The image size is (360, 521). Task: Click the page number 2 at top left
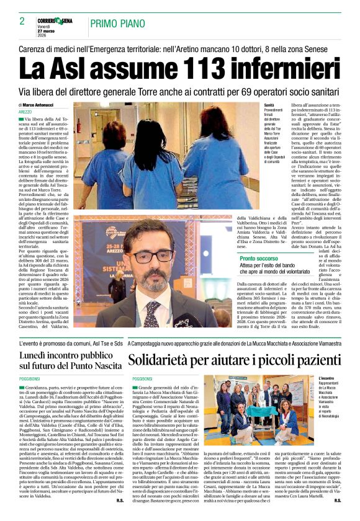coord(22,21)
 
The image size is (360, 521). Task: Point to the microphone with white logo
coord(184,323)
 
